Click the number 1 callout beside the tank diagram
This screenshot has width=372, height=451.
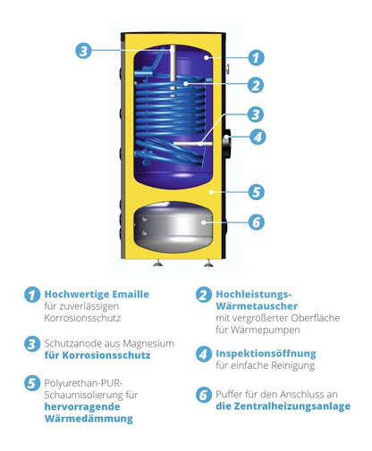point(256,57)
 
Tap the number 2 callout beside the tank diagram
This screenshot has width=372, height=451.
point(256,85)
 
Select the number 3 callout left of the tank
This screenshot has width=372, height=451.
point(83,50)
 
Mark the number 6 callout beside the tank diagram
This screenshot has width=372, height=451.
point(256,223)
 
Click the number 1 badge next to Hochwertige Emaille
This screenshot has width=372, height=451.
point(32,295)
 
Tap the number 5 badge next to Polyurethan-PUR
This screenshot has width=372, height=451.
point(32,382)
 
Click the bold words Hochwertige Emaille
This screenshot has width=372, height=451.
point(98,293)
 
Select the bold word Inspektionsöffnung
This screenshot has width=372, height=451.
point(265,352)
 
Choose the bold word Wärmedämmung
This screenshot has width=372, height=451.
point(91,417)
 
